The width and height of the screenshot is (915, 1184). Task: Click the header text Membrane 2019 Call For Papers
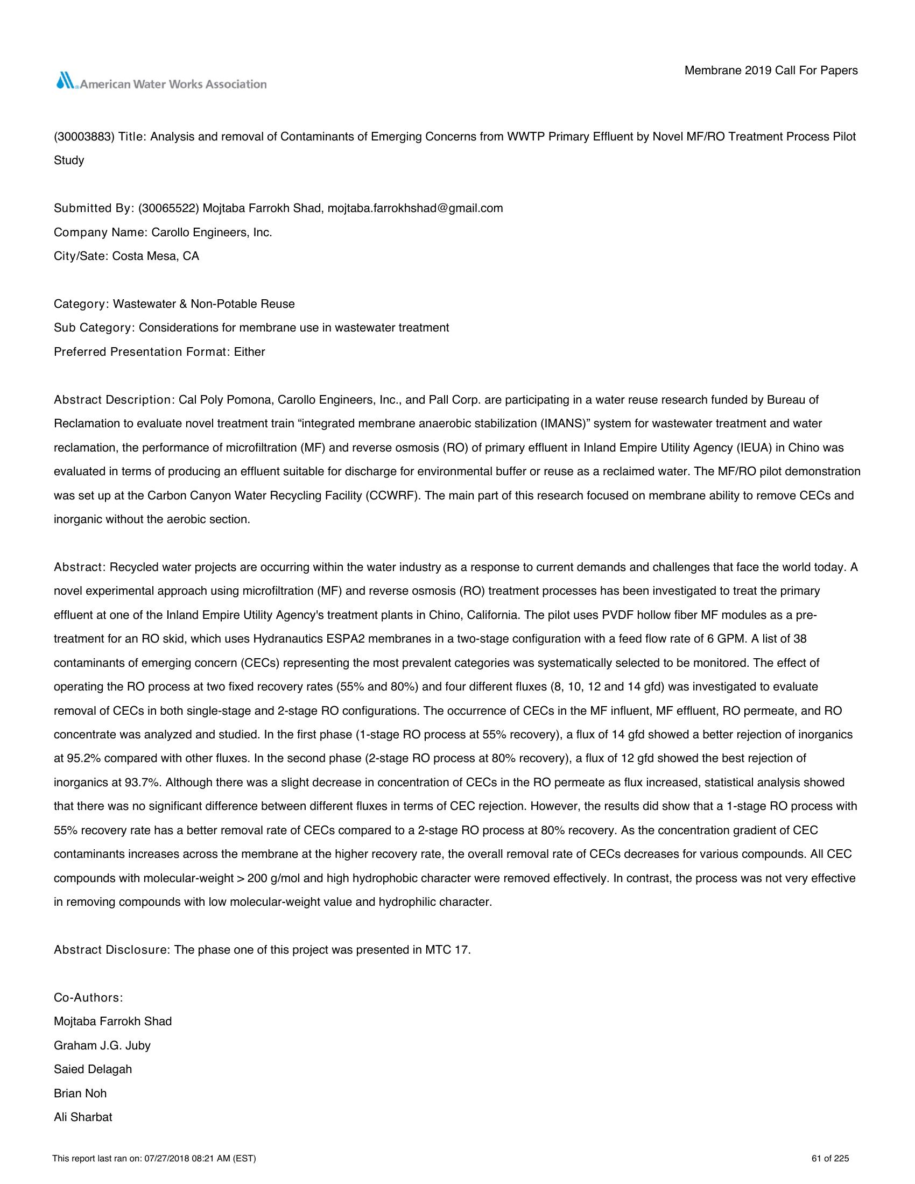771,71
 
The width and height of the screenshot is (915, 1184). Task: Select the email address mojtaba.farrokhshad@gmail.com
415,208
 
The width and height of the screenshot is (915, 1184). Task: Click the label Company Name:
101,232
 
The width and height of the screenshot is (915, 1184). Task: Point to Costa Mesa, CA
156,256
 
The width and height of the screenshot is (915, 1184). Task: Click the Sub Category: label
94,328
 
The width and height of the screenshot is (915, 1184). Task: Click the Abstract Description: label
113,400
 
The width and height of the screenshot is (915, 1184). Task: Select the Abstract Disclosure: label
112,950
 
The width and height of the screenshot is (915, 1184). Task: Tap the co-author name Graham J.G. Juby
102,1045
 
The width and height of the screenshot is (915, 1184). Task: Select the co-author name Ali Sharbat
83,1117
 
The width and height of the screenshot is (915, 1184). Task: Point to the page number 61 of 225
830,1159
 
